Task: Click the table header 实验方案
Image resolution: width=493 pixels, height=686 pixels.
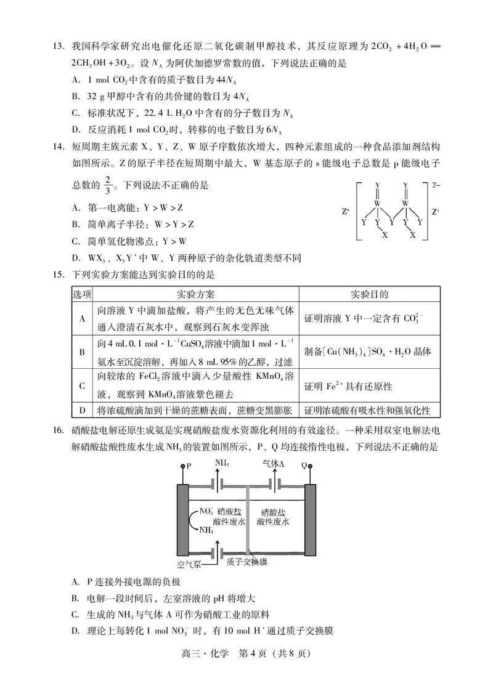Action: [195, 294]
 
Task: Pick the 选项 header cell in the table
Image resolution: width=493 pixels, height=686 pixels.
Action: [82, 294]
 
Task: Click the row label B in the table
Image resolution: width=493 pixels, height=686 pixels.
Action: [82, 352]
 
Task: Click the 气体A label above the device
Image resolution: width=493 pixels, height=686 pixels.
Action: [273, 464]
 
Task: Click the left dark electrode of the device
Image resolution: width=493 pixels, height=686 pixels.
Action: [182, 520]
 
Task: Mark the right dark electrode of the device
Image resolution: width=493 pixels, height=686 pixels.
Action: [311, 520]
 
